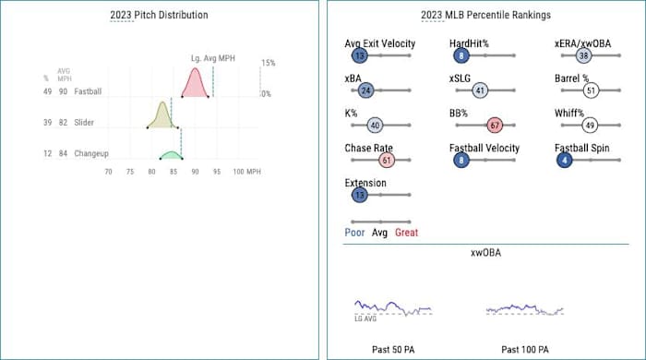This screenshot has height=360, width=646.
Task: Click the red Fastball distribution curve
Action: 194,85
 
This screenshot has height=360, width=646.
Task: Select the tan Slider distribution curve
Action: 161,116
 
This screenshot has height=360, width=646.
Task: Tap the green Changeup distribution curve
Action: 171,155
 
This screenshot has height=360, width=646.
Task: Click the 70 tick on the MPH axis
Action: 108,173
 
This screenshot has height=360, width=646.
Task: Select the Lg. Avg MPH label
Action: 212,59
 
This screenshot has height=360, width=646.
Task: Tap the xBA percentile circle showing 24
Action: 365,90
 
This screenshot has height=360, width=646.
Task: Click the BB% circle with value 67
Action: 494,125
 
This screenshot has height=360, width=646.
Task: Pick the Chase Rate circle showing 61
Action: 387,160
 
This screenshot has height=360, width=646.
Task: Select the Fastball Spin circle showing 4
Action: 564,160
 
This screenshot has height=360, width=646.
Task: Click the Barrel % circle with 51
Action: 591,90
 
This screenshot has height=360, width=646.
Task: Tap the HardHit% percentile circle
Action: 459,55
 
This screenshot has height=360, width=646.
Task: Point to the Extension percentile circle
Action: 358,195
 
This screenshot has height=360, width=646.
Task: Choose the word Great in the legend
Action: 406,233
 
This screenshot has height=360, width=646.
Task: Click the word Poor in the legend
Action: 354,233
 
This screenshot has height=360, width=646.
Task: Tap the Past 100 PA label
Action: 524,349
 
